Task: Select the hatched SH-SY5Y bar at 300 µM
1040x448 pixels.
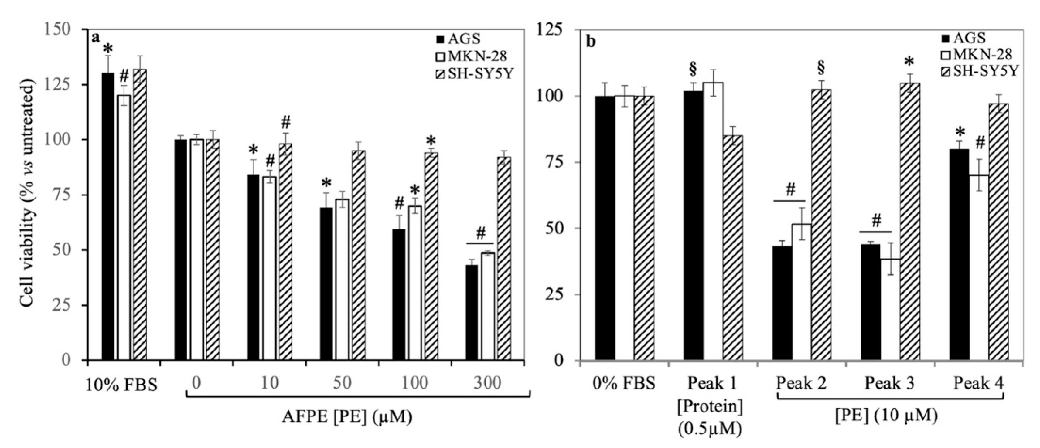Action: coord(504,258)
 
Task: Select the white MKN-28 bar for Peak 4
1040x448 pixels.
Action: coord(977,267)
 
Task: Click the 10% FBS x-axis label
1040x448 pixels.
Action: coord(121,384)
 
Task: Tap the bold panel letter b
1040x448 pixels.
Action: coord(591,41)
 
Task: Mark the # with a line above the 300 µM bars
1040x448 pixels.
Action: coord(480,234)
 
